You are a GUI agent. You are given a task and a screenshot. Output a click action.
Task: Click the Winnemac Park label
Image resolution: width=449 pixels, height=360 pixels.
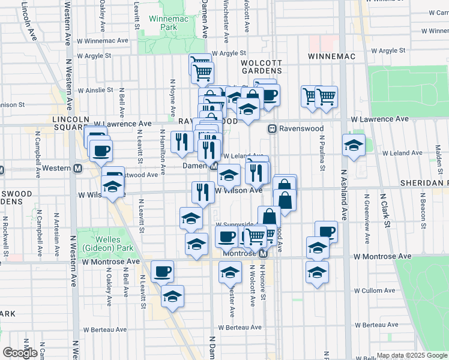tap(163, 22)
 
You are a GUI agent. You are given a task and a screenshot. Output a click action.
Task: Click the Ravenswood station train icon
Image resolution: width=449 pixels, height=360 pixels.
tap(272, 128)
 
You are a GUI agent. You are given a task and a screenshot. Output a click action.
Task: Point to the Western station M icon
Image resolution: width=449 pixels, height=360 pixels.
tap(77, 169)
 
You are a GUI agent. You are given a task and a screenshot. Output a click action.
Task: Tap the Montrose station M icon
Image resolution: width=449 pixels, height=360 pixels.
tap(262, 254)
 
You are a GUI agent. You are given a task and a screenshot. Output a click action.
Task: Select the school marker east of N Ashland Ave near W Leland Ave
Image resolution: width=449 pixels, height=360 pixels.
tap(354, 145)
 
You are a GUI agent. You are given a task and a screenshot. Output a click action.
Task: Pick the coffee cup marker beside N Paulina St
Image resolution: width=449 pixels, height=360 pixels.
tap(327, 231)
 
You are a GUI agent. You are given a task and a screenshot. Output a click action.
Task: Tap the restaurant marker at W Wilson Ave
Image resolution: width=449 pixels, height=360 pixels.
tap(203, 191)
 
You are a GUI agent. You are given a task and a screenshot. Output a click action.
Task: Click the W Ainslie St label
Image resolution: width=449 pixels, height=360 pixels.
tap(95, 91)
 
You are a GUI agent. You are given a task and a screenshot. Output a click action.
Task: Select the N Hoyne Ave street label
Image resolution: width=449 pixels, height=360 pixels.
tap(173, 96)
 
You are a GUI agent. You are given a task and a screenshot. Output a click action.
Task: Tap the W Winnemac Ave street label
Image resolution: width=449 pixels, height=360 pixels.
tap(103, 41)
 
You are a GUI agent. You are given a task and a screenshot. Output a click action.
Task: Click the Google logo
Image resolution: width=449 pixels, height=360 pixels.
tap(20, 353)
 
